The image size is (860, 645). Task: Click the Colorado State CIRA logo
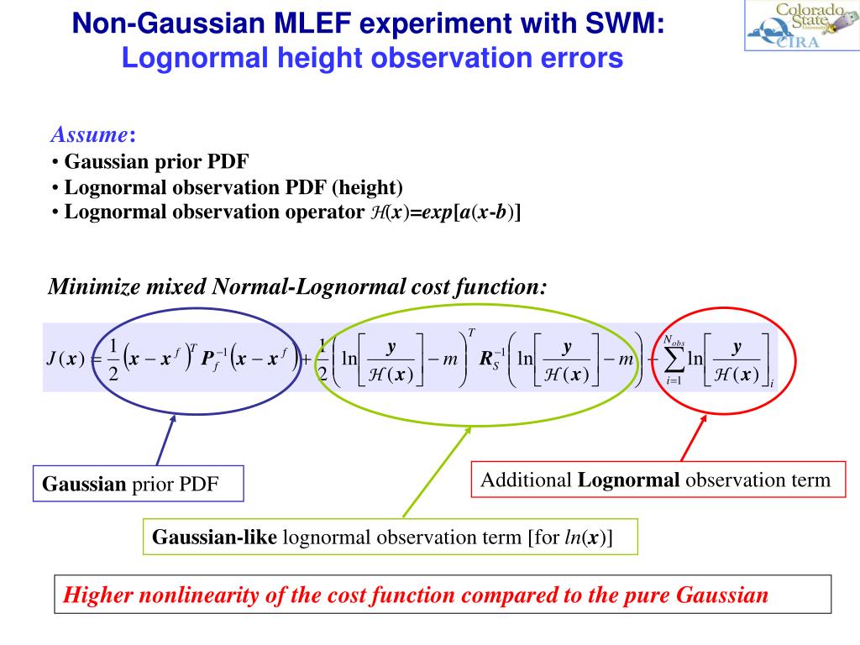coord(800,26)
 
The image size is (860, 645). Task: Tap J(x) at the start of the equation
coord(65,360)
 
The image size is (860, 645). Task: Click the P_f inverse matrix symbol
coord(212,360)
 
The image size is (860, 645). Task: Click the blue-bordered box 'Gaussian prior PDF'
coord(139,485)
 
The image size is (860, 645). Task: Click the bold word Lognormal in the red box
coord(629,480)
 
